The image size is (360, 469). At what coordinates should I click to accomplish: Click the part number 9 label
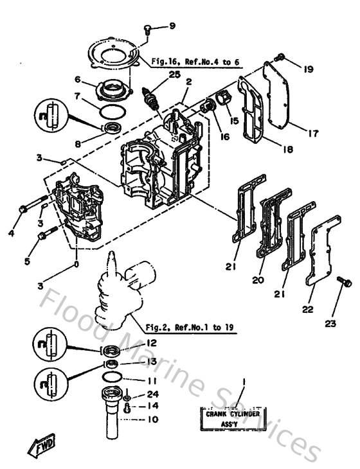click(x=172, y=26)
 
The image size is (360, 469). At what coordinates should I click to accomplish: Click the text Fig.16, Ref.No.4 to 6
click(x=195, y=62)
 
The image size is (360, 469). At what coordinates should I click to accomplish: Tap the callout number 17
click(x=313, y=134)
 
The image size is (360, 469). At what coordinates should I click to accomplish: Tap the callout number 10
click(x=152, y=420)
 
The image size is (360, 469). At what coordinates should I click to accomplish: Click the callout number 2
click(x=189, y=82)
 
